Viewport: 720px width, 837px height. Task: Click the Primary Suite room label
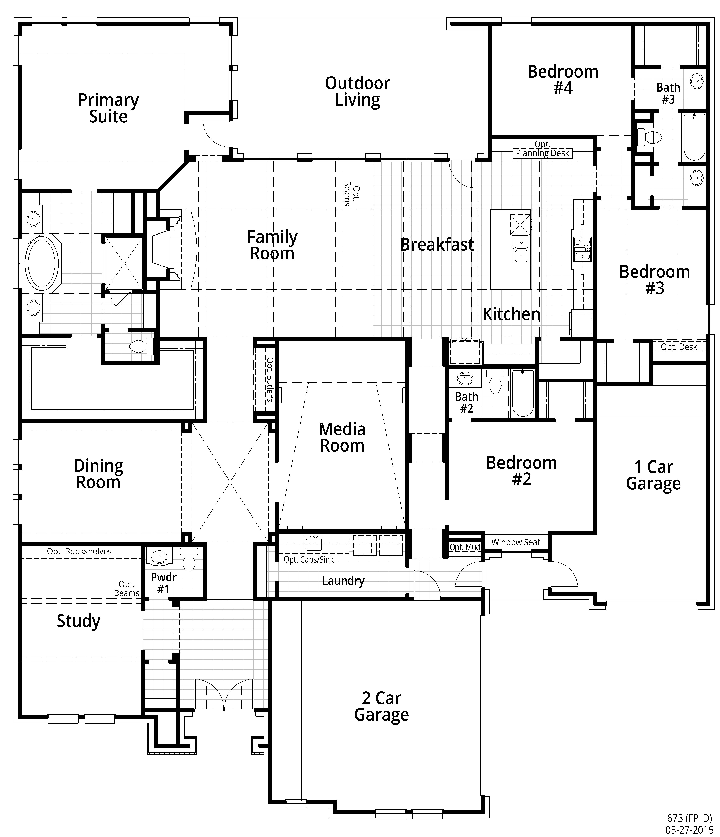[x=108, y=108]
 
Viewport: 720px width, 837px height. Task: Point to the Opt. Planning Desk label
[x=542, y=149]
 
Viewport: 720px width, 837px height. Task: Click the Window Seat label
[x=516, y=542]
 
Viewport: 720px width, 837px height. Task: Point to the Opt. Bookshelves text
[x=79, y=551]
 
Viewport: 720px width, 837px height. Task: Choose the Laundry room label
[x=343, y=581]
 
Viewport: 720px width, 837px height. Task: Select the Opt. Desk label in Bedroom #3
[x=679, y=347]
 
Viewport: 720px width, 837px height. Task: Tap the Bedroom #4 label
[x=563, y=80]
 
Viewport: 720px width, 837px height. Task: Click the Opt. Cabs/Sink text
[x=309, y=560]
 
